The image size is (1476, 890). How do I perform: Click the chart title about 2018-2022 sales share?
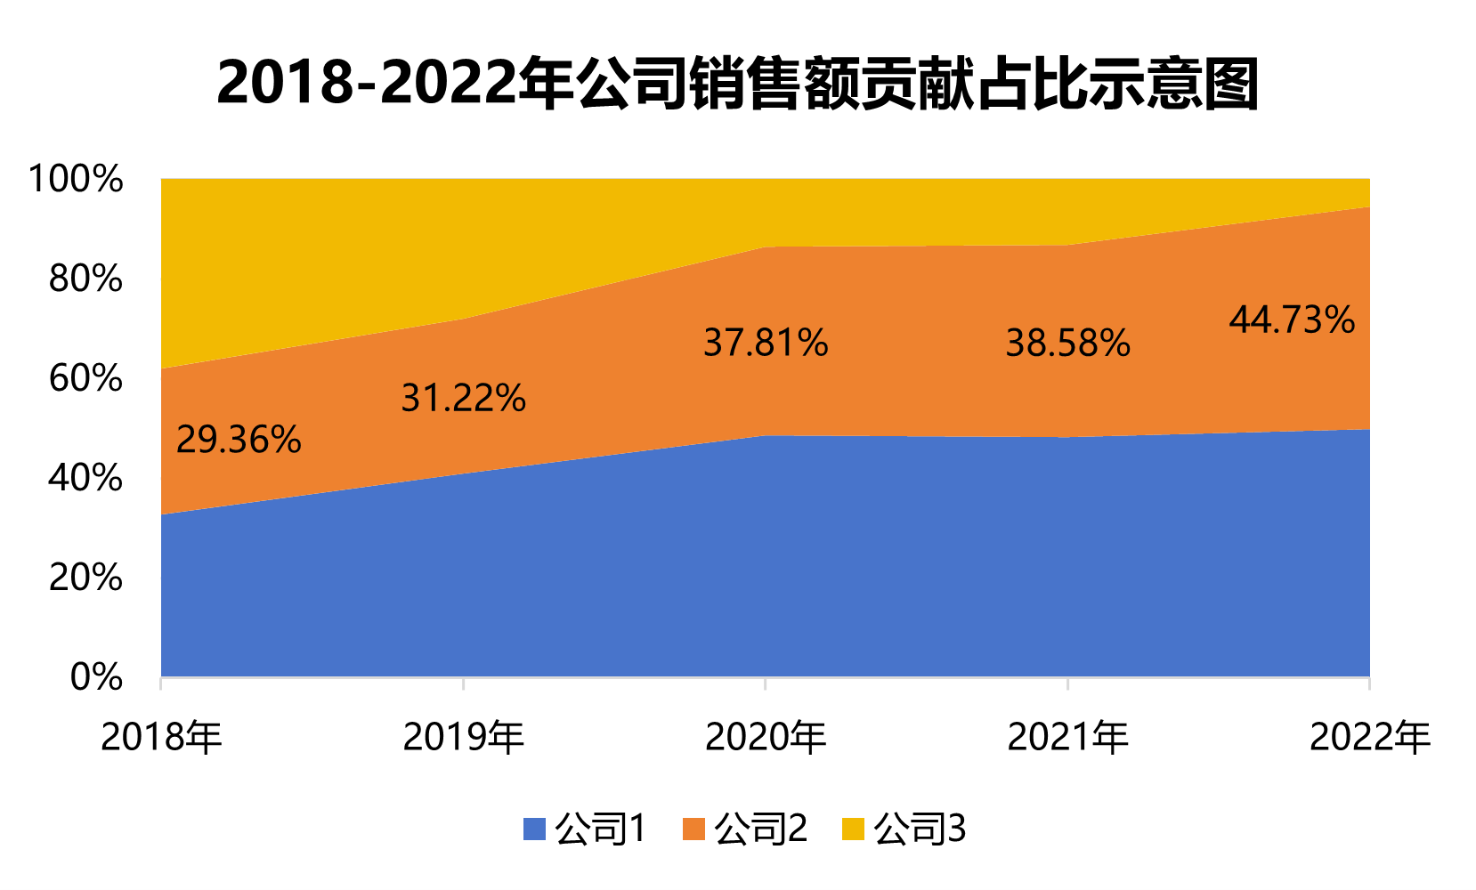coord(737,84)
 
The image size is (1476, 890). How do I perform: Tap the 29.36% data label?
coord(239,440)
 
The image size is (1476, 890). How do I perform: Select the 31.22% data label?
coord(463,398)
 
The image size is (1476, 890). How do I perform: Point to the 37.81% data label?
coord(766,343)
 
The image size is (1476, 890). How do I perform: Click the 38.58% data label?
coord(1067,343)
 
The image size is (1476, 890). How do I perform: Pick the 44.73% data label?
coord(1292,320)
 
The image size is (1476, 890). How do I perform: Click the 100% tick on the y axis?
coord(76,179)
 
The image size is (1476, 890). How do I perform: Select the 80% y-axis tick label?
coord(85,279)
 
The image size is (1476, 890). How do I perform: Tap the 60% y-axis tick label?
coord(85,378)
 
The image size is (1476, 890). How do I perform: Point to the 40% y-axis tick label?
coord(85,478)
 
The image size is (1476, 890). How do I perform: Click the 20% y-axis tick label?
coord(85,578)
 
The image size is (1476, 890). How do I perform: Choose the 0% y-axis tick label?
coord(96,677)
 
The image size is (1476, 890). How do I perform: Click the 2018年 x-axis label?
coord(161,737)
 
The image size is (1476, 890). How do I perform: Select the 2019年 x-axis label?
coord(463,737)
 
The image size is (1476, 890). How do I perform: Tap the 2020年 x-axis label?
coord(766,737)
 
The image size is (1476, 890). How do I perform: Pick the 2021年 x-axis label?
coord(1067,737)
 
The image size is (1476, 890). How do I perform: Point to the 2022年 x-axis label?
coord(1369,737)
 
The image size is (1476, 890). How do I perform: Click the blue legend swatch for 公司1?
coord(534,829)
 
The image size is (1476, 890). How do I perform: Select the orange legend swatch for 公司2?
coord(693,829)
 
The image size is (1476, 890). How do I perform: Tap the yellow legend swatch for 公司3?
coord(853,829)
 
